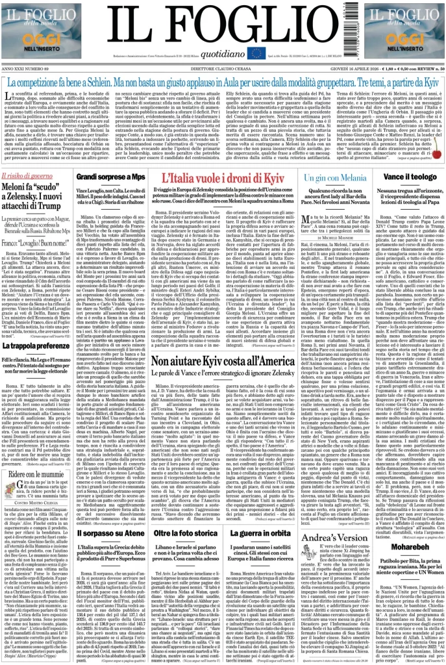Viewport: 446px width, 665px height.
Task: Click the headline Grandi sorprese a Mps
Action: click(x=110, y=177)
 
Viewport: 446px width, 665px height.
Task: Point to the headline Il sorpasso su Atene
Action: click(x=110, y=533)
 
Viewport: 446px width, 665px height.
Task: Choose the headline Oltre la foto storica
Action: click(x=185, y=533)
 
